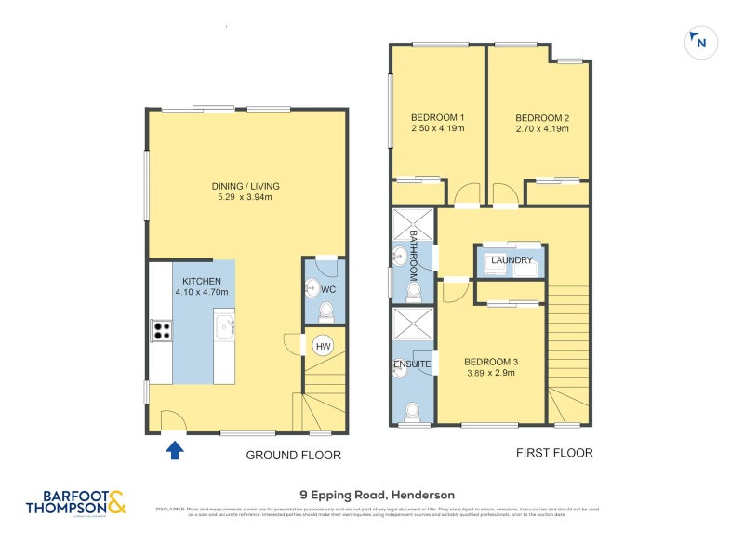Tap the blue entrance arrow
point(174,451)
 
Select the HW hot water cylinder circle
point(323,346)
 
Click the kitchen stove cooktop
point(161,331)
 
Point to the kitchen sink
point(224,326)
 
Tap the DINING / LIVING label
point(246,186)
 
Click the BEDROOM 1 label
point(437,117)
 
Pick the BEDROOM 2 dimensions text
point(541,129)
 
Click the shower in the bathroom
point(412,226)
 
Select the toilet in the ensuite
point(412,409)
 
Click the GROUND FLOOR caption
point(293,456)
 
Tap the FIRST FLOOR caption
point(554,453)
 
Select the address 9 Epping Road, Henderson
point(377,495)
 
